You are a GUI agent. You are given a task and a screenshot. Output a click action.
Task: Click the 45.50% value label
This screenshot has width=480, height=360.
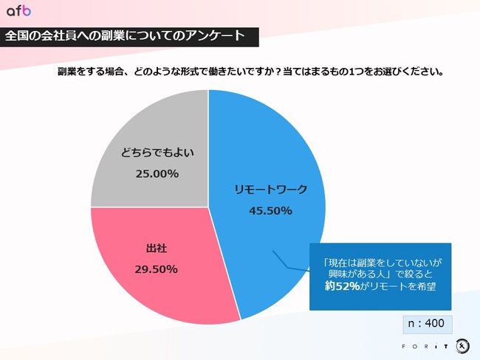270,210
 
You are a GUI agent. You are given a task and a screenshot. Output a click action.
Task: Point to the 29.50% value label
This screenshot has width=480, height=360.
156,269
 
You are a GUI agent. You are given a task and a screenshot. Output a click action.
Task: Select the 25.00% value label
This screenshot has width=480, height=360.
157,174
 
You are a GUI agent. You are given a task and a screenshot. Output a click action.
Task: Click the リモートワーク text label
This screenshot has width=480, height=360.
270,190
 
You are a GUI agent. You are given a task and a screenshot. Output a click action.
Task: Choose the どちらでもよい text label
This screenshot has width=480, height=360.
157,153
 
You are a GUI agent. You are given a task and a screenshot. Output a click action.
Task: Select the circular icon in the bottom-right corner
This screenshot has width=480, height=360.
462,345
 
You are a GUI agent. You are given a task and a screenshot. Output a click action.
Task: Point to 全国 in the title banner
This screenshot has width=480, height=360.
17,36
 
